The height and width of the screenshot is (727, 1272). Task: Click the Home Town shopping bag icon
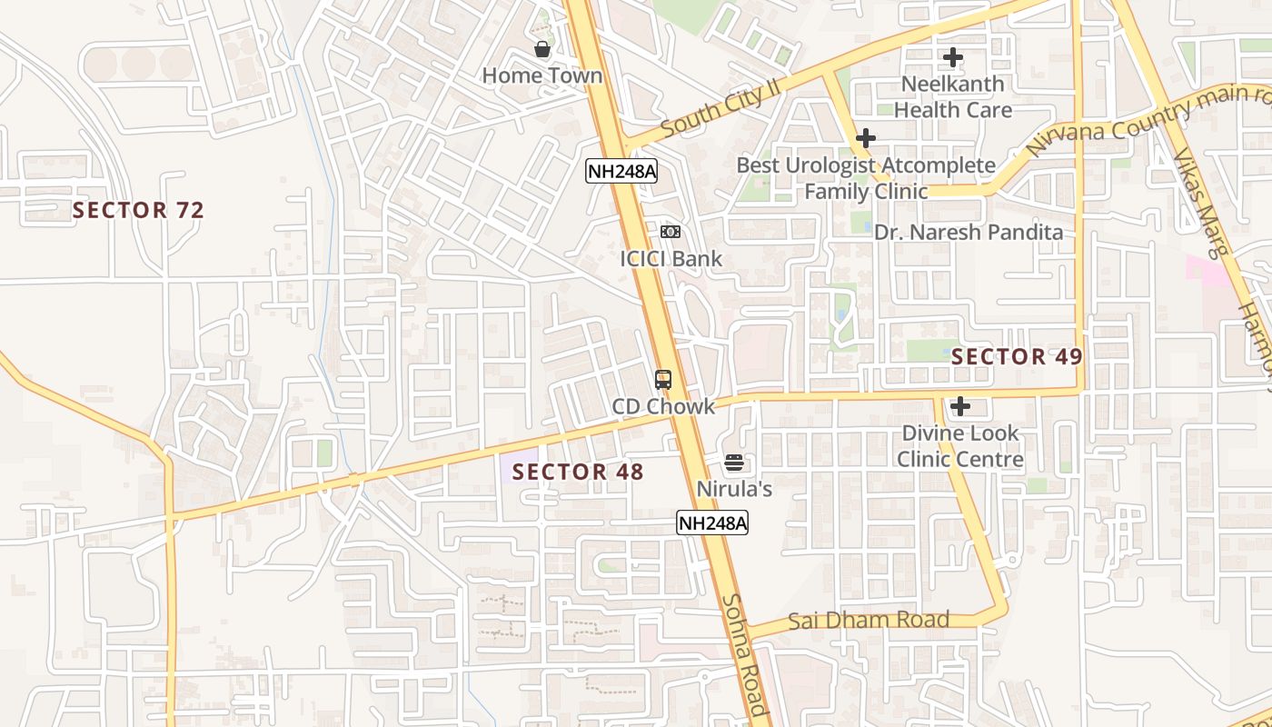point(542,49)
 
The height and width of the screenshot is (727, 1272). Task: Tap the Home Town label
point(542,75)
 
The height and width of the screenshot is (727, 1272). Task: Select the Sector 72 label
point(138,211)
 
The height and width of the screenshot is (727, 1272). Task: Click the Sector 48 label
point(578,472)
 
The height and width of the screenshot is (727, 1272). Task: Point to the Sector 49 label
point(1018,357)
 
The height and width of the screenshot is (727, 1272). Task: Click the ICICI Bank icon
point(671,232)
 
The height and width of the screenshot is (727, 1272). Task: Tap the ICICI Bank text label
point(671,259)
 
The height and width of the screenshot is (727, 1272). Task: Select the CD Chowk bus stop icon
point(663,380)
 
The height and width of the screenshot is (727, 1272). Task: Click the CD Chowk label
point(663,406)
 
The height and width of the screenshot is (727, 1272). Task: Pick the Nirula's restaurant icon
point(734,463)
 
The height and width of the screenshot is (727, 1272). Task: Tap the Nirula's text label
point(734,489)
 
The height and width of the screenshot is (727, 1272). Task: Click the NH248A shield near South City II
point(621,171)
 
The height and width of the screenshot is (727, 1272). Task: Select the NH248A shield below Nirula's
point(712,523)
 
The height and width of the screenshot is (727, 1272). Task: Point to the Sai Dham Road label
point(869,621)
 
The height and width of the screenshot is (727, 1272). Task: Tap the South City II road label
point(721,108)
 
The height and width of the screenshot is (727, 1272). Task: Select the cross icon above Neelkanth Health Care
point(952,58)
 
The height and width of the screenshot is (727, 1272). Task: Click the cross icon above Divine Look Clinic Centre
point(960,406)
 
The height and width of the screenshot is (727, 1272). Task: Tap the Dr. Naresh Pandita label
point(969,233)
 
